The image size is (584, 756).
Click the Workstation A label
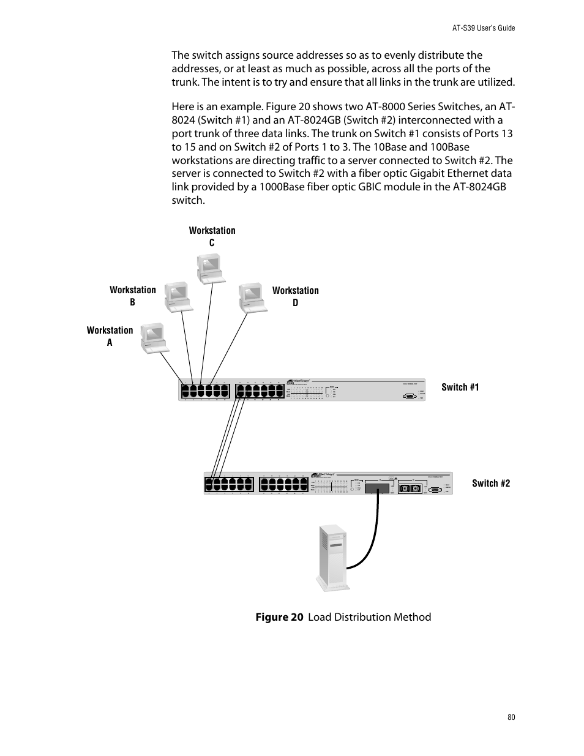pos(110,336)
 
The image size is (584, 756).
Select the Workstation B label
pos(132,296)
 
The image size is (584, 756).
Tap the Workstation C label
pos(212,236)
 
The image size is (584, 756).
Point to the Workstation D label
pos(295,296)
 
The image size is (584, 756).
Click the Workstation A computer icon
pos(154,338)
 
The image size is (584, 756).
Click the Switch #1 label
pos(460,387)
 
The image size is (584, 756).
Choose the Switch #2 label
pos(490,483)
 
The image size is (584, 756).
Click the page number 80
pos(511,717)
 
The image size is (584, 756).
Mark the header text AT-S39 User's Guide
pos(483,28)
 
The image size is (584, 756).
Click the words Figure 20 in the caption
pos(279,617)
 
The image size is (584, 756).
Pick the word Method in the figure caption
pos(412,617)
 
